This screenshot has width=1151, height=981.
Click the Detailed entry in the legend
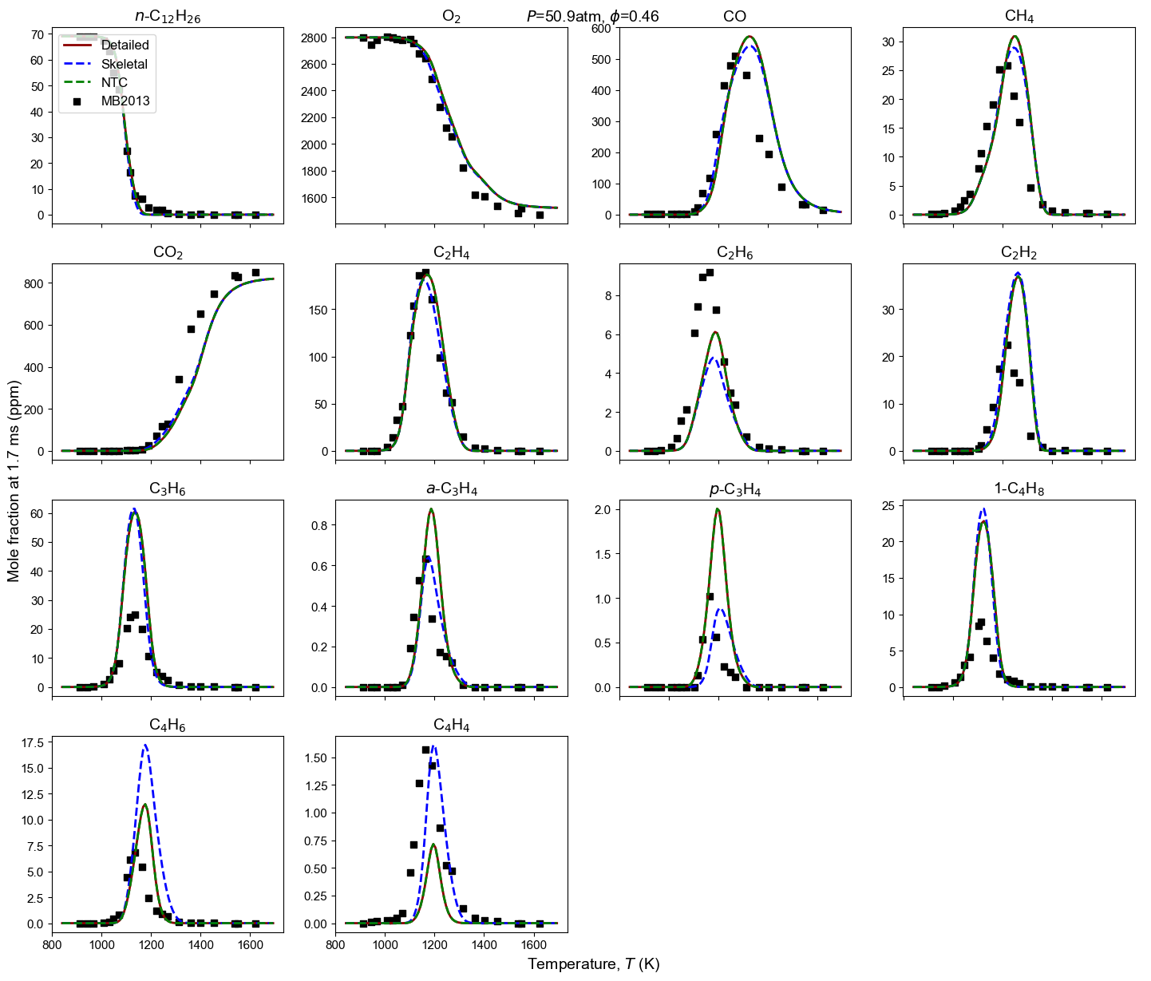[125, 45]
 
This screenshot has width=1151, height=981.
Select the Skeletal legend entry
[125, 64]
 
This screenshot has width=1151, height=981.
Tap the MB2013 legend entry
[125, 101]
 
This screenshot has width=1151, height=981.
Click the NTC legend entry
[114, 83]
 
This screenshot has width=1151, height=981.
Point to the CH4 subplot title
[1019, 17]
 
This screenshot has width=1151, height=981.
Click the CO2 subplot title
[168, 253]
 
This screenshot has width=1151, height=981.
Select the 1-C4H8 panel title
[1019, 489]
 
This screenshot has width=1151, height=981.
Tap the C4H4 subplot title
[451, 726]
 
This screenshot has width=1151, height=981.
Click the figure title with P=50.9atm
[592, 16]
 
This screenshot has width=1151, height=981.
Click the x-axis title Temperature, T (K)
[593, 964]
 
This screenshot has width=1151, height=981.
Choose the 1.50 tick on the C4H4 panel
[314, 758]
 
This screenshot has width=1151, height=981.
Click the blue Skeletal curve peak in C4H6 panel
[145, 746]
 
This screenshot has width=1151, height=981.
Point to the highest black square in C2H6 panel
[710, 273]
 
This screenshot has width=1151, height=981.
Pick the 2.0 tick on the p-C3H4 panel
[605, 509]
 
